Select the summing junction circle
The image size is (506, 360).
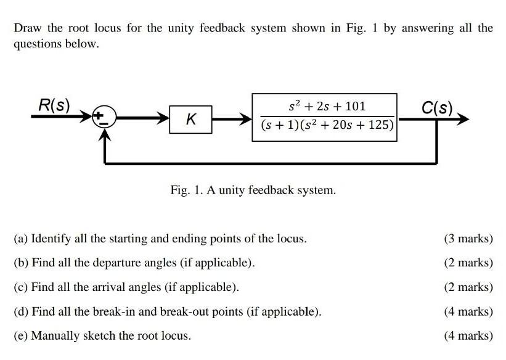coord(103,118)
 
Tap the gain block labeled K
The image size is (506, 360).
coord(191,118)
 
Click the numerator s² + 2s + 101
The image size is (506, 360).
coord(326,106)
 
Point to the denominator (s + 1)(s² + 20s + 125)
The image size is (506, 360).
coord(326,125)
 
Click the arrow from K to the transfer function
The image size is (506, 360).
coord(233,118)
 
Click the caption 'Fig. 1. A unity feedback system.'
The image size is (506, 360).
coord(253,190)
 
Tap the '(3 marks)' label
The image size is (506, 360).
coord(468,239)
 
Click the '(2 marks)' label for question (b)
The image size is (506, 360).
coord(468,263)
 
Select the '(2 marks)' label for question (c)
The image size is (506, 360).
coord(468,287)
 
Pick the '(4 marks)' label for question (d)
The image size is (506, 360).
coord(468,311)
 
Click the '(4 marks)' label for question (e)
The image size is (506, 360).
coord(468,336)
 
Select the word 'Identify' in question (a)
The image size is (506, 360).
coord(49,239)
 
